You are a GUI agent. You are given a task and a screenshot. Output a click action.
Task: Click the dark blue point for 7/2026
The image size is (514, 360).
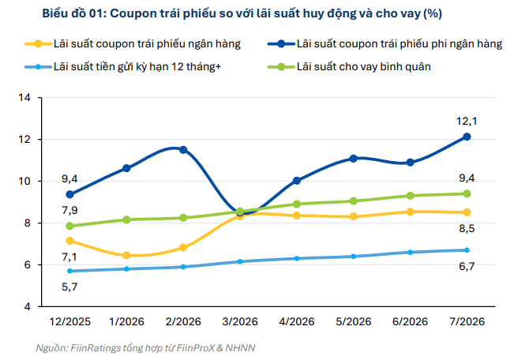pyautogui.click(x=467, y=137)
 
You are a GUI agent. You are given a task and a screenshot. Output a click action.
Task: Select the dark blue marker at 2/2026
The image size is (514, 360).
pyautogui.click(x=183, y=150)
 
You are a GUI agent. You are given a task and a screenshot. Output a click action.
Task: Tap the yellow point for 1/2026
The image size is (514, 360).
pyautogui.click(x=126, y=256)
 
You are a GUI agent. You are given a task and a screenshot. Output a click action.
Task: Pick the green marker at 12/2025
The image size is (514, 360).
pyautogui.click(x=69, y=226)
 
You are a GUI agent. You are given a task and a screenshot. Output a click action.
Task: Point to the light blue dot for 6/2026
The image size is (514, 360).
pyautogui.click(x=410, y=252)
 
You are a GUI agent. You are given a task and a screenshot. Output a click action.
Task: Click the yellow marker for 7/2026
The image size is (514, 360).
pyautogui.click(x=467, y=212)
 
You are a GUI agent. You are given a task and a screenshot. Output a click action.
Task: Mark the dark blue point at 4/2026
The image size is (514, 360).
pyautogui.click(x=297, y=181)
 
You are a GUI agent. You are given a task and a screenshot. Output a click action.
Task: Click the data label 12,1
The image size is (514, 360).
pyautogui.click(x=467, y=122)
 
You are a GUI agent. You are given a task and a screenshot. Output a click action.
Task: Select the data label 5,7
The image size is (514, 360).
pyautogui.click(x=69, y=287)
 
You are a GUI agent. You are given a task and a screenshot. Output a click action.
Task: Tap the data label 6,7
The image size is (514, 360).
pyautogui.click(x=467, y=266)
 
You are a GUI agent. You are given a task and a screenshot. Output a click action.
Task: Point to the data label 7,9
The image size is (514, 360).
pyautogui.click(x=69, y=210)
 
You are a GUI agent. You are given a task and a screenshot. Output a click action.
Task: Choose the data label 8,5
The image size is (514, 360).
pyautogui.click(x=467, y=228)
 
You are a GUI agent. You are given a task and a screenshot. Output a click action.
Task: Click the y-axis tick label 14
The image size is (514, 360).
pyautogui.click(x=24, y=98)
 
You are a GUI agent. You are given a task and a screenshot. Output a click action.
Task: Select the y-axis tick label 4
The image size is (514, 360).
pyautogui.click(x=27, y=307)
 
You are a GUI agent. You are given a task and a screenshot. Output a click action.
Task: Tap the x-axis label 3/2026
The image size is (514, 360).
pyautogui.click(x=240, y=321)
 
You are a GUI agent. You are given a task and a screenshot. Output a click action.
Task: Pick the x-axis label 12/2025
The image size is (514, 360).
pyautogui.click(x=69, y=321)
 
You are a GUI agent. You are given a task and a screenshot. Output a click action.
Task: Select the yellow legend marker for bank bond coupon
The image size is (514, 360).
pyautogui.click(x=38, y=43)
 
